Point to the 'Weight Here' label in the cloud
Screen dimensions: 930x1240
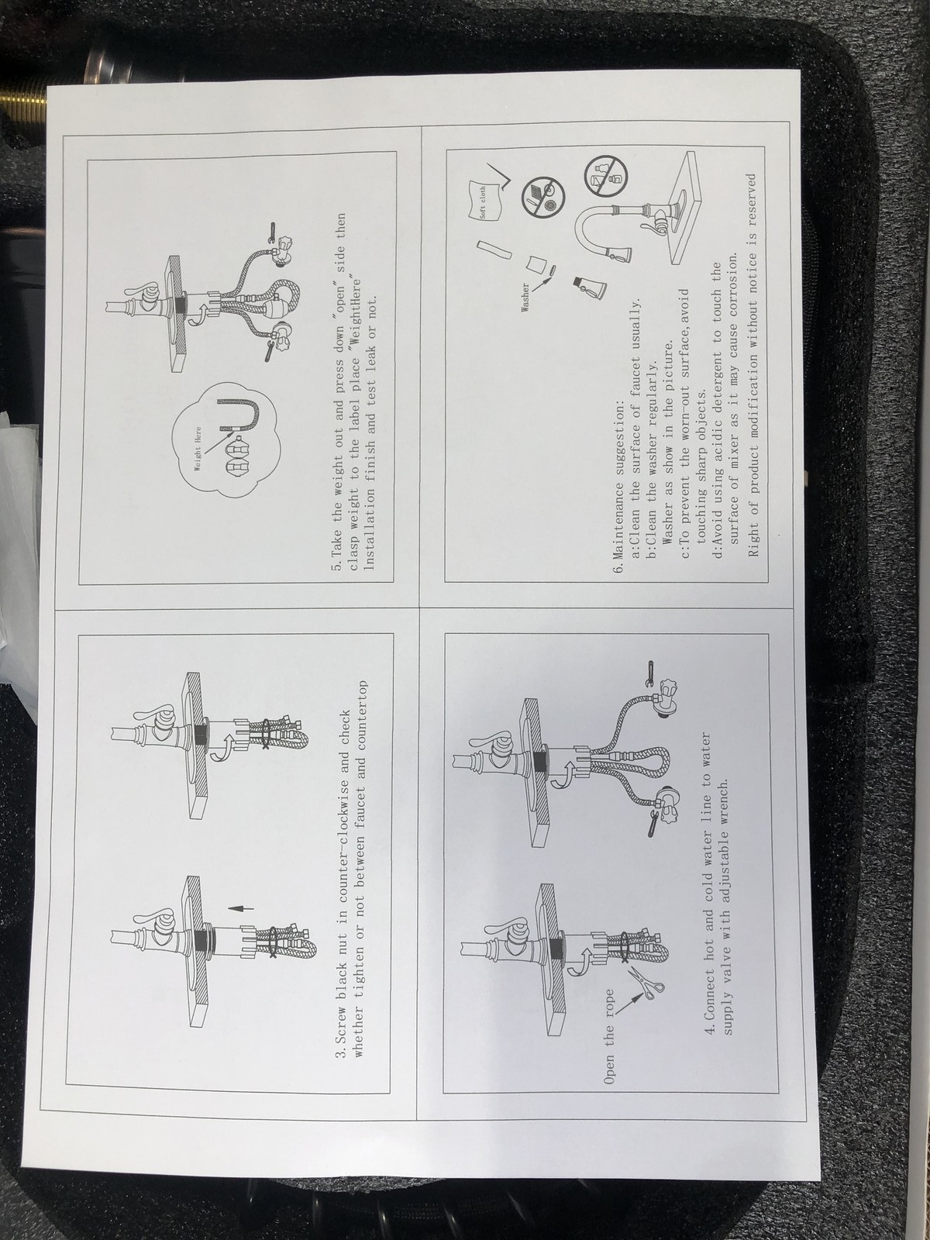point(198,449)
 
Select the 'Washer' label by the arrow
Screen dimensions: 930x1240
point(525,298)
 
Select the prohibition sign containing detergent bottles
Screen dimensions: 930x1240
point(601,176)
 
